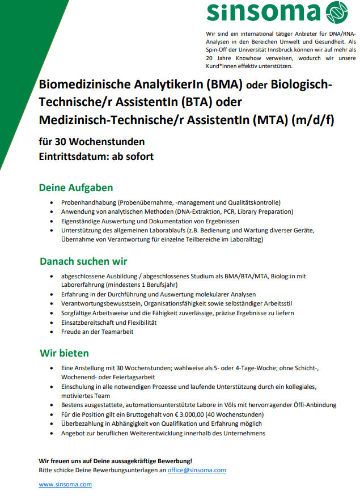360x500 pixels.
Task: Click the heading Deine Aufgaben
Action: [x=76, y=188]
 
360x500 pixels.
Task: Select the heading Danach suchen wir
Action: [x=83, y=261]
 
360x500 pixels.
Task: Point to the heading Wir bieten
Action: [x=64, y=353]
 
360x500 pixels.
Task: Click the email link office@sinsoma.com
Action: [x=197, y=470]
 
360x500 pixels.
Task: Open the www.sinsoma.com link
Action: [x=65, y=484]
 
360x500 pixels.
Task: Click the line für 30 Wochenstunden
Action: [x=92, y=141]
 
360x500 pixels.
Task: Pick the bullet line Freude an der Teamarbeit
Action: [x=98, y=332]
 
